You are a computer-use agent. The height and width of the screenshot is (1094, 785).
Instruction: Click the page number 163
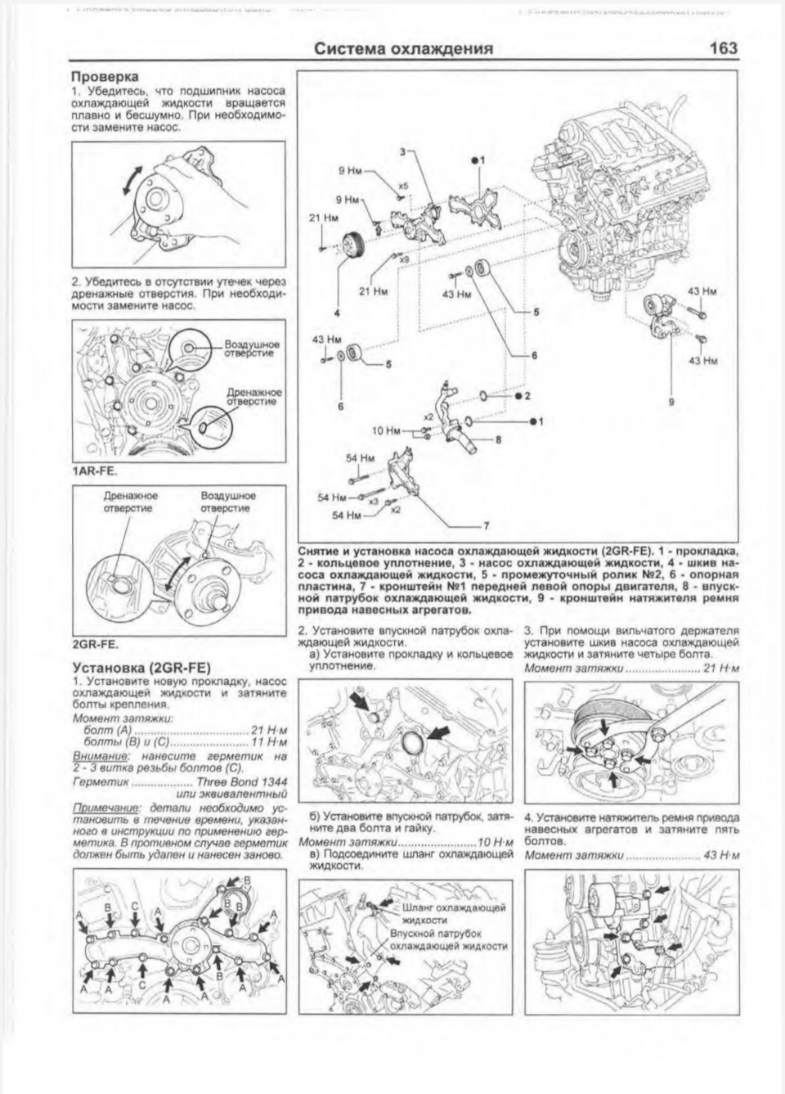[724, 48]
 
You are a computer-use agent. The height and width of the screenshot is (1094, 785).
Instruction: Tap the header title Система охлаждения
[404, 49]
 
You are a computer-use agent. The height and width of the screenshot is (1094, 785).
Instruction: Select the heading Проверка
[104, 78]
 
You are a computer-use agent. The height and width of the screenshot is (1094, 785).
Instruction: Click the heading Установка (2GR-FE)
[141, 668]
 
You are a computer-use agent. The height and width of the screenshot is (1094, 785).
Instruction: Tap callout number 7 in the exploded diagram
[486, 525]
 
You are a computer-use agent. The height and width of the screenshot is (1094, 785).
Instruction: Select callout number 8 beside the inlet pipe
[498, 439]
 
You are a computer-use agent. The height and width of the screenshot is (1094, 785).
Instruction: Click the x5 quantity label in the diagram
[403, 186]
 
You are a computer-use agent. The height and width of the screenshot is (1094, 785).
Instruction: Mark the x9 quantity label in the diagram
[404, 259]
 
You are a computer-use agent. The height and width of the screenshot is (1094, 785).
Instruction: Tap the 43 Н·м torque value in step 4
[720, 856]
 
